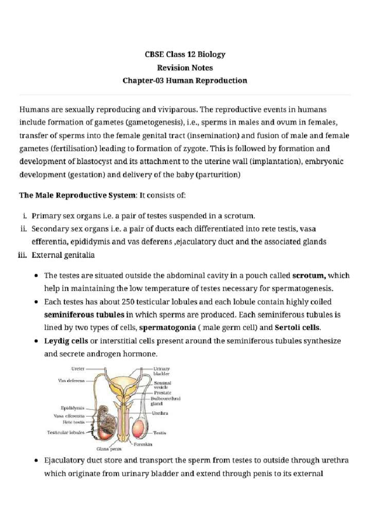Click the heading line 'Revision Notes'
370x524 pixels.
click(x=185, y=68)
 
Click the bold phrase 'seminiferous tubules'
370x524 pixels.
click(x=84, y=315)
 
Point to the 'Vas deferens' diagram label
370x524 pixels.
click(x=71, y=381)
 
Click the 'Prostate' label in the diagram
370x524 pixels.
click(x=162, y=393)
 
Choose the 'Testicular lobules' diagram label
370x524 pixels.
click(x=66, y=433)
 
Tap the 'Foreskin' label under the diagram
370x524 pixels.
click(x=143, y=444)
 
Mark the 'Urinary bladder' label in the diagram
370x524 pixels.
click(x=161, y=371)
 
